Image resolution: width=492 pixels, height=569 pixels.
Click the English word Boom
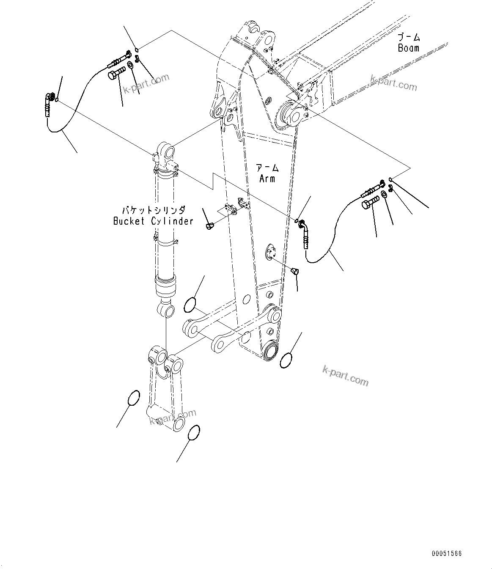408,48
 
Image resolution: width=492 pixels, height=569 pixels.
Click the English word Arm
267,179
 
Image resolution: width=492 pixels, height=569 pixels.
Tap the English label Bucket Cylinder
153,221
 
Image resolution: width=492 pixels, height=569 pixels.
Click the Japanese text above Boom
409,38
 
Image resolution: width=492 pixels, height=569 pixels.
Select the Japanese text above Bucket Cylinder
154,210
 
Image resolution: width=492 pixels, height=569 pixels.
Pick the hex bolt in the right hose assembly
370,205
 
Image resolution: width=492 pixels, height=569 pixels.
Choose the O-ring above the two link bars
190,304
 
